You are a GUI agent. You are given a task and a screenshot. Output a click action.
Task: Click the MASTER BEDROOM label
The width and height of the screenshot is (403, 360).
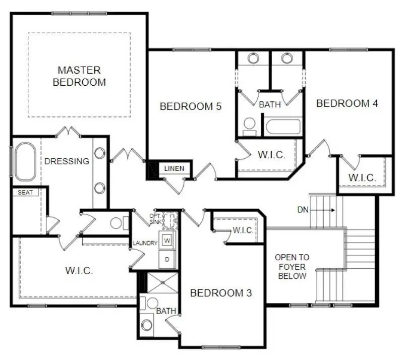tap(79, 76)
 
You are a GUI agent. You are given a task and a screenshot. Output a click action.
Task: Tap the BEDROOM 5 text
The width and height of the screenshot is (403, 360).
tap(191, 106)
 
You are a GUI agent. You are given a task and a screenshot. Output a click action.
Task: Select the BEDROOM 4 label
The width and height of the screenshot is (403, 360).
tap(347, 103)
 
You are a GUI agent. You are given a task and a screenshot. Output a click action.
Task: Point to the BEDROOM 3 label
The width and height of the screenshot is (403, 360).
tap(220, 292)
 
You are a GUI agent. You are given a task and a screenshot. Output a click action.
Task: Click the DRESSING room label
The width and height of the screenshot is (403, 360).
tap(67, 161)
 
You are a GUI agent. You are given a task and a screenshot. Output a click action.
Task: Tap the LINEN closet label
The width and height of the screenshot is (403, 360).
tap(175, 168)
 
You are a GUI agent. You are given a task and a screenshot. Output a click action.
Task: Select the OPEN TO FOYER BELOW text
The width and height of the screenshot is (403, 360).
tap(292, 267)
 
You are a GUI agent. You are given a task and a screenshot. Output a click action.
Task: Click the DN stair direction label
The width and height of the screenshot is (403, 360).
tap(303, 209)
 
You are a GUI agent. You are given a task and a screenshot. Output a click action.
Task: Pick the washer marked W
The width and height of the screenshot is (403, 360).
tap(167, 241)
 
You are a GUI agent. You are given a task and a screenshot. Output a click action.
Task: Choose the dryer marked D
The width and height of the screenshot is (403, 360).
tap(167, 259)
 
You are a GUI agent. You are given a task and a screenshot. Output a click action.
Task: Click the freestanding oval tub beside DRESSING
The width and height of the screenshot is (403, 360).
tap(25, 162)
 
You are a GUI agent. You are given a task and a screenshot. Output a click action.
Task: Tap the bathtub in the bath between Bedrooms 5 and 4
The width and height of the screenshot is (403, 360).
tap(283, 126)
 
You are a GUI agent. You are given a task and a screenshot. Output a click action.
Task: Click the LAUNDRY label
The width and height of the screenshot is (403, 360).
tap(145, 243)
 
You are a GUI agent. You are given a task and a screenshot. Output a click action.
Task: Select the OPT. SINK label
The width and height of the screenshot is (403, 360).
tap(155, 218)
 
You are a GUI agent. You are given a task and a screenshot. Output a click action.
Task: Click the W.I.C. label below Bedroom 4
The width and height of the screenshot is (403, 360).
tap(362, 177)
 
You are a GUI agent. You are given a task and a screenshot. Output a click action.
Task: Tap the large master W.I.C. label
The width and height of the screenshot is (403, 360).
tap(79, 270)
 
